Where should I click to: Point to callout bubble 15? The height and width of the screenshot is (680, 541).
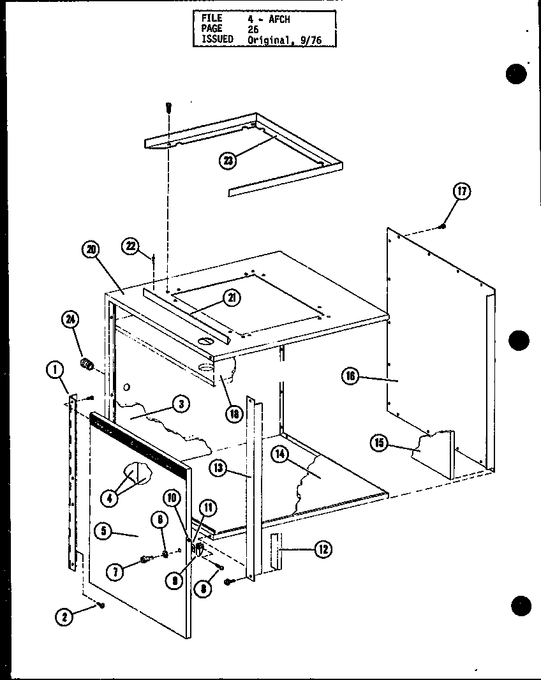tap(382, 442)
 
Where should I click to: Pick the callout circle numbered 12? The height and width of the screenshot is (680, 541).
tap(323, 548)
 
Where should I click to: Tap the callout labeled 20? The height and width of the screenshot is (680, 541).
tap(91, 250)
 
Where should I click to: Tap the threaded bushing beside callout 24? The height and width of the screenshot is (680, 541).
tap(87, 365)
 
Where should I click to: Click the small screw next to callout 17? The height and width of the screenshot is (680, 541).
tap(443, 227)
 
